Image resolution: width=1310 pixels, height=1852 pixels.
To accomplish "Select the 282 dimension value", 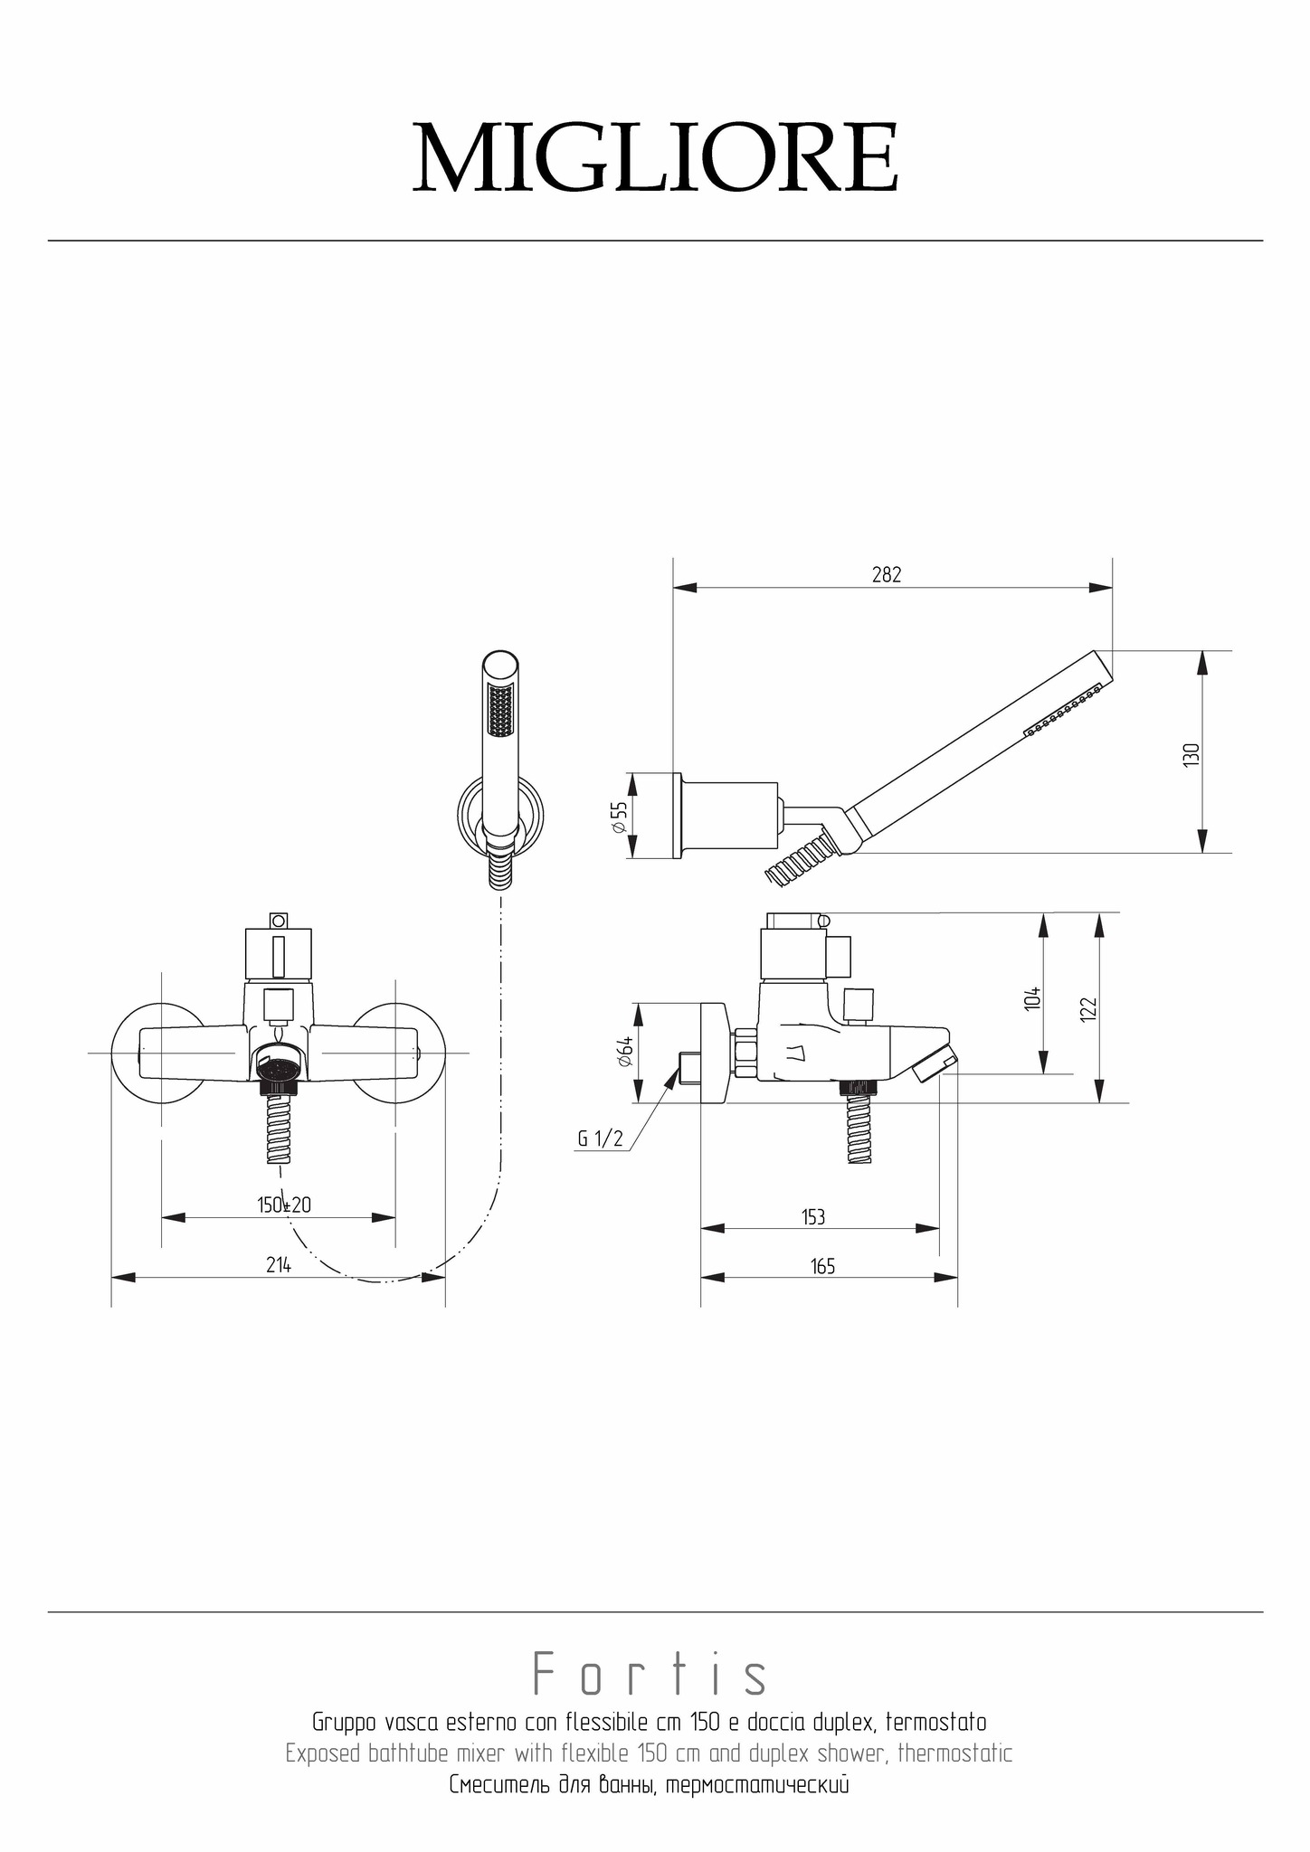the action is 887,575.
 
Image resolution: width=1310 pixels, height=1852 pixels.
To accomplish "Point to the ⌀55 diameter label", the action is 620,817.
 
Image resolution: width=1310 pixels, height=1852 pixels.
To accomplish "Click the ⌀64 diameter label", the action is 624,1052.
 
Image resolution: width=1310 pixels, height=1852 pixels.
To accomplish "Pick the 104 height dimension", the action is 1032,998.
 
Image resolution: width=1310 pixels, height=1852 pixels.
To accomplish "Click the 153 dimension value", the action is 813,1217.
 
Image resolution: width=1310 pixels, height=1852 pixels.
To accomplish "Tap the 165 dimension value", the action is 822,1266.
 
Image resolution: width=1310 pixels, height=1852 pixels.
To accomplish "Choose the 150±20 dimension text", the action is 284,1205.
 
